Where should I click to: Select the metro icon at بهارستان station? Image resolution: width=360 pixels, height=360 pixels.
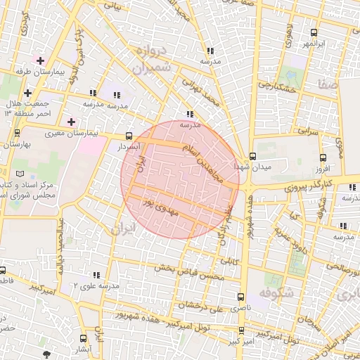17,132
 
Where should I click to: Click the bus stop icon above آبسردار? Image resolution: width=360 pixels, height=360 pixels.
128,136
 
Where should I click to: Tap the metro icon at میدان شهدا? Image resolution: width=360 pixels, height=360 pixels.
252,156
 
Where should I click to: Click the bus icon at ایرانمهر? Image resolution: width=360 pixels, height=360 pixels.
314,32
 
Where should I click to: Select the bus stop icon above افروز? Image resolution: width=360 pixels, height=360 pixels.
323,157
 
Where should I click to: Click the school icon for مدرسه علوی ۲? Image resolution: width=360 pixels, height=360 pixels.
96,275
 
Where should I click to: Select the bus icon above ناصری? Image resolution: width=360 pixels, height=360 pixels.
242,297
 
